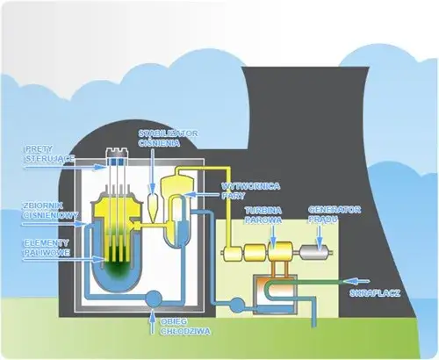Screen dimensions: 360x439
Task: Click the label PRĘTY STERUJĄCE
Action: pos(44,154)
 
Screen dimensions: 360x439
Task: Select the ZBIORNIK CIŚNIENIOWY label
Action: pos(44,210)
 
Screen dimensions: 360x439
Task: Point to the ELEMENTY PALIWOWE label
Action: pos(45,247)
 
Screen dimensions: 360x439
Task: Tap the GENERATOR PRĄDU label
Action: pos(327,214)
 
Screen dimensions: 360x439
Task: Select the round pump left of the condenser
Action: pos(236,304)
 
